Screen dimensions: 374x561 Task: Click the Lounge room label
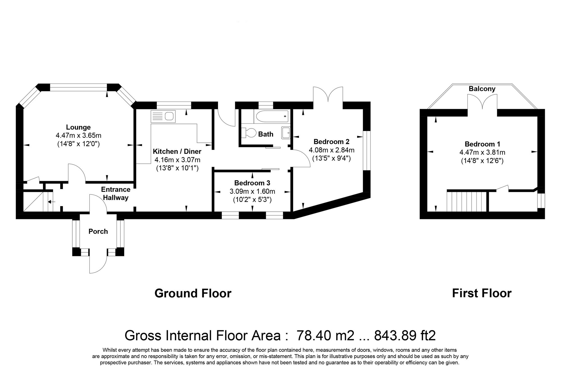pos(78,127)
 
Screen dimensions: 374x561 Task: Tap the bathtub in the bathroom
pos(271,116)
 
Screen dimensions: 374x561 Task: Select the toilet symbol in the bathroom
pos(250,133)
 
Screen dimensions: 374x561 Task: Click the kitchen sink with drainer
pos(163,116)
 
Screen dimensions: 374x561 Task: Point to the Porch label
pos(98,232)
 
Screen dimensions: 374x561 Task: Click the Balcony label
pos(482,89)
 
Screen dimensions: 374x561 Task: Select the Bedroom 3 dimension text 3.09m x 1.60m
pos(252,191)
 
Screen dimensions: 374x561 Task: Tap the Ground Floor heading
pos(193,294)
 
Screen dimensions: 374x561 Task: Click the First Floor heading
pos(482,294)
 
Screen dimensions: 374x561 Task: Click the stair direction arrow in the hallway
pos(52,202)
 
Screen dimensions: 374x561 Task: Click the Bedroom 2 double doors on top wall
pos(328,95)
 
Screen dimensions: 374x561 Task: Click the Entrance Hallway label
pos(116,193)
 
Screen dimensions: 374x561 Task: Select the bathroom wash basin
pos(286,133)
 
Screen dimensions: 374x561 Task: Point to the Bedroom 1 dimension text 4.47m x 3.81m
pos(482,153)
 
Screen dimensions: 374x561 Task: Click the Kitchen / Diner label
pos(177,152)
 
